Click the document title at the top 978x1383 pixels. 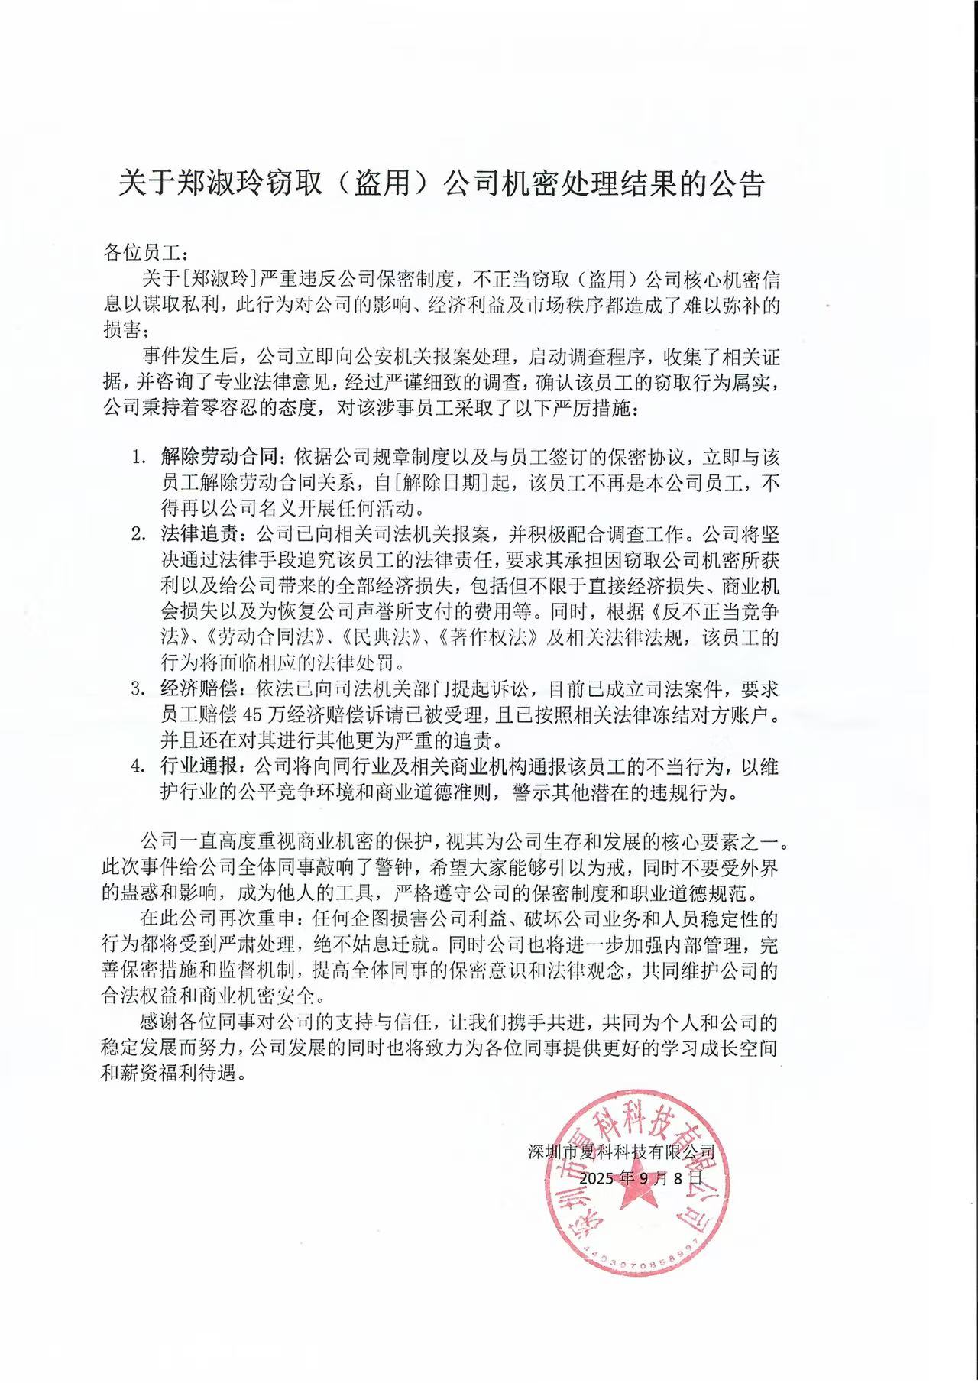pyautogui.click(x=441, y=185)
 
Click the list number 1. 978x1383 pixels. pyautogui.click(x=138, y=458)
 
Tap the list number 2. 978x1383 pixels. pyautogui.click(x=138, y=534)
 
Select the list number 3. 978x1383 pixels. pyautogui.click(x=138, y=690)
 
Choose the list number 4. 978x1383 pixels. pyautogui.click(x=138, y=766)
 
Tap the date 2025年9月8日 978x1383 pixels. pyautogui.click(x=640, y=1178)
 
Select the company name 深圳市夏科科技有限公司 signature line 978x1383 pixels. pyautogui.click(x=621, y=1151)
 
